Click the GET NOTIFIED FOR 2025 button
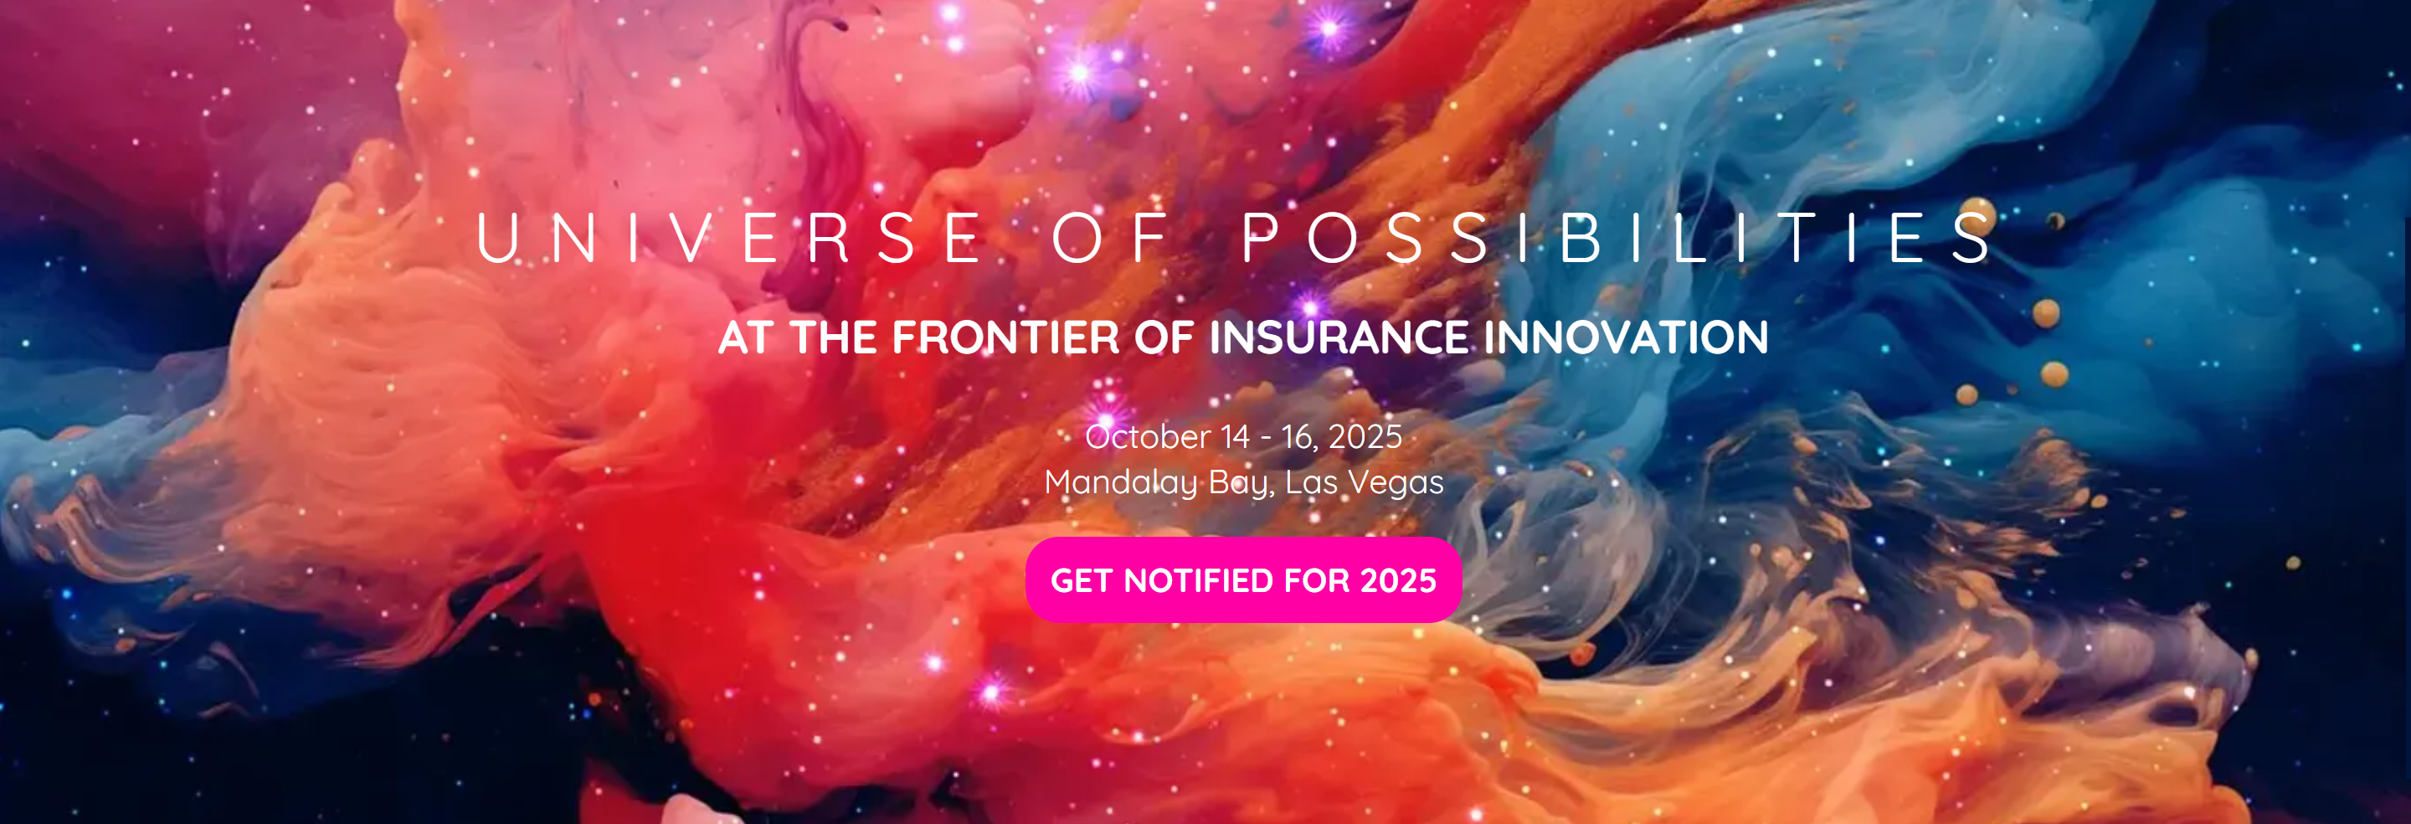click(x=1243, y=579)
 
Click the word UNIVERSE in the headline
click(x=730, y=238)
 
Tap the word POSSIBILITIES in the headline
click(x=1619, y=238)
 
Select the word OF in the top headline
click(x=1111, y=238)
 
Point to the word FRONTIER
click(x=1005, y=337)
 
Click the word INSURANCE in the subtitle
click(x=1339, y=337)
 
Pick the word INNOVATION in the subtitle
click(x=1627, y=337)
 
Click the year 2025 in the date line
click(x=1365, y=436)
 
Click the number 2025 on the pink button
click(x=1398, y=580)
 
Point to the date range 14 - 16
click(x=1268, y=436)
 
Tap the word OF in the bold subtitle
click(x=1164, y=337)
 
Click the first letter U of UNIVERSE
click(x=497, y=238)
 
